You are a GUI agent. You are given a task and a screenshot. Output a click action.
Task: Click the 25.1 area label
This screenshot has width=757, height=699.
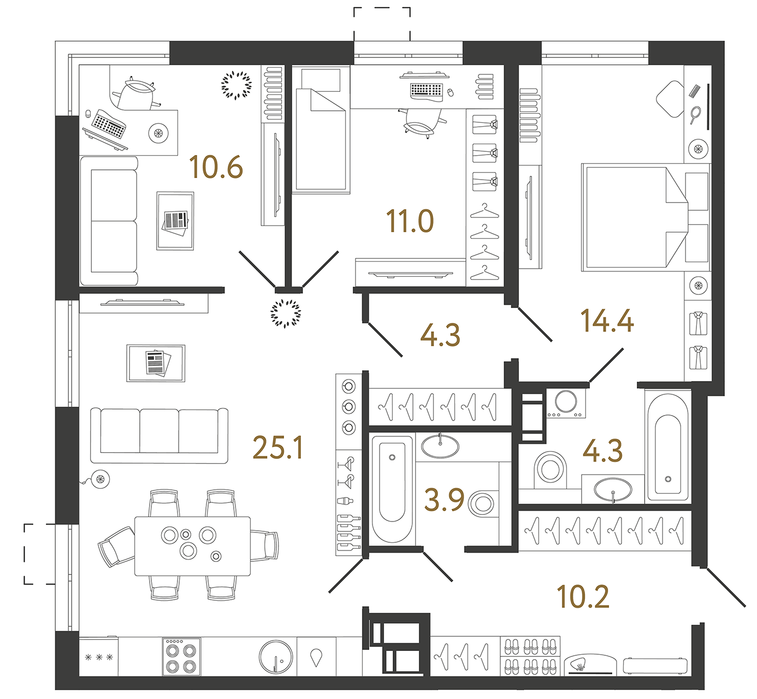pos(278,448)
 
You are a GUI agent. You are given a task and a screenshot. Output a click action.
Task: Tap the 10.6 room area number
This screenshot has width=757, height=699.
pos(216,167)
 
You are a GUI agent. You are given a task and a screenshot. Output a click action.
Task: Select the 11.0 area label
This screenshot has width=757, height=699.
pos(410,221)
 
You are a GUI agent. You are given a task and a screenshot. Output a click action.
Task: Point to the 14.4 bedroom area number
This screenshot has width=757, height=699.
pos(607,321)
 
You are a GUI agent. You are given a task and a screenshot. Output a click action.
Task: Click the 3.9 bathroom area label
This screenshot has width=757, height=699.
pos(444,500)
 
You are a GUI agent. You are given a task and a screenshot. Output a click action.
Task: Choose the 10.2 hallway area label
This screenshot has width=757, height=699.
pos(583,597)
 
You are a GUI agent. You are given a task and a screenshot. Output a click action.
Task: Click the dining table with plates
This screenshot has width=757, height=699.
pos(192,546)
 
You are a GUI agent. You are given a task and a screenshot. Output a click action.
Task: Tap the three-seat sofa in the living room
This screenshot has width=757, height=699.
pos(159,435)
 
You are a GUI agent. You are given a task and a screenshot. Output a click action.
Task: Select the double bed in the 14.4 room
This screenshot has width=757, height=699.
pos(634,217)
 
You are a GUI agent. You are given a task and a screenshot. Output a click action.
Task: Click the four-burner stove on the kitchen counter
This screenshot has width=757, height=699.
pos(181,657)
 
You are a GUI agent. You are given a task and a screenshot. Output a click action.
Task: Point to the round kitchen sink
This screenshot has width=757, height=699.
pos(276,657)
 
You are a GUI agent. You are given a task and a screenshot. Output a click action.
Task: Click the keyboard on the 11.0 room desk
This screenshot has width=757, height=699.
pos(426,90)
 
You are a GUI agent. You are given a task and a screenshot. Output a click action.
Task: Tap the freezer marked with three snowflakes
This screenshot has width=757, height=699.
pos(99,657)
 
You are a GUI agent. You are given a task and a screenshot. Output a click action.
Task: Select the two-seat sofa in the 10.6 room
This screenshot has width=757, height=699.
pos(109,221)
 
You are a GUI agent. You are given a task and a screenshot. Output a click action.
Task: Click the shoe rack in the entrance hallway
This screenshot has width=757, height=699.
pos(530,657)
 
